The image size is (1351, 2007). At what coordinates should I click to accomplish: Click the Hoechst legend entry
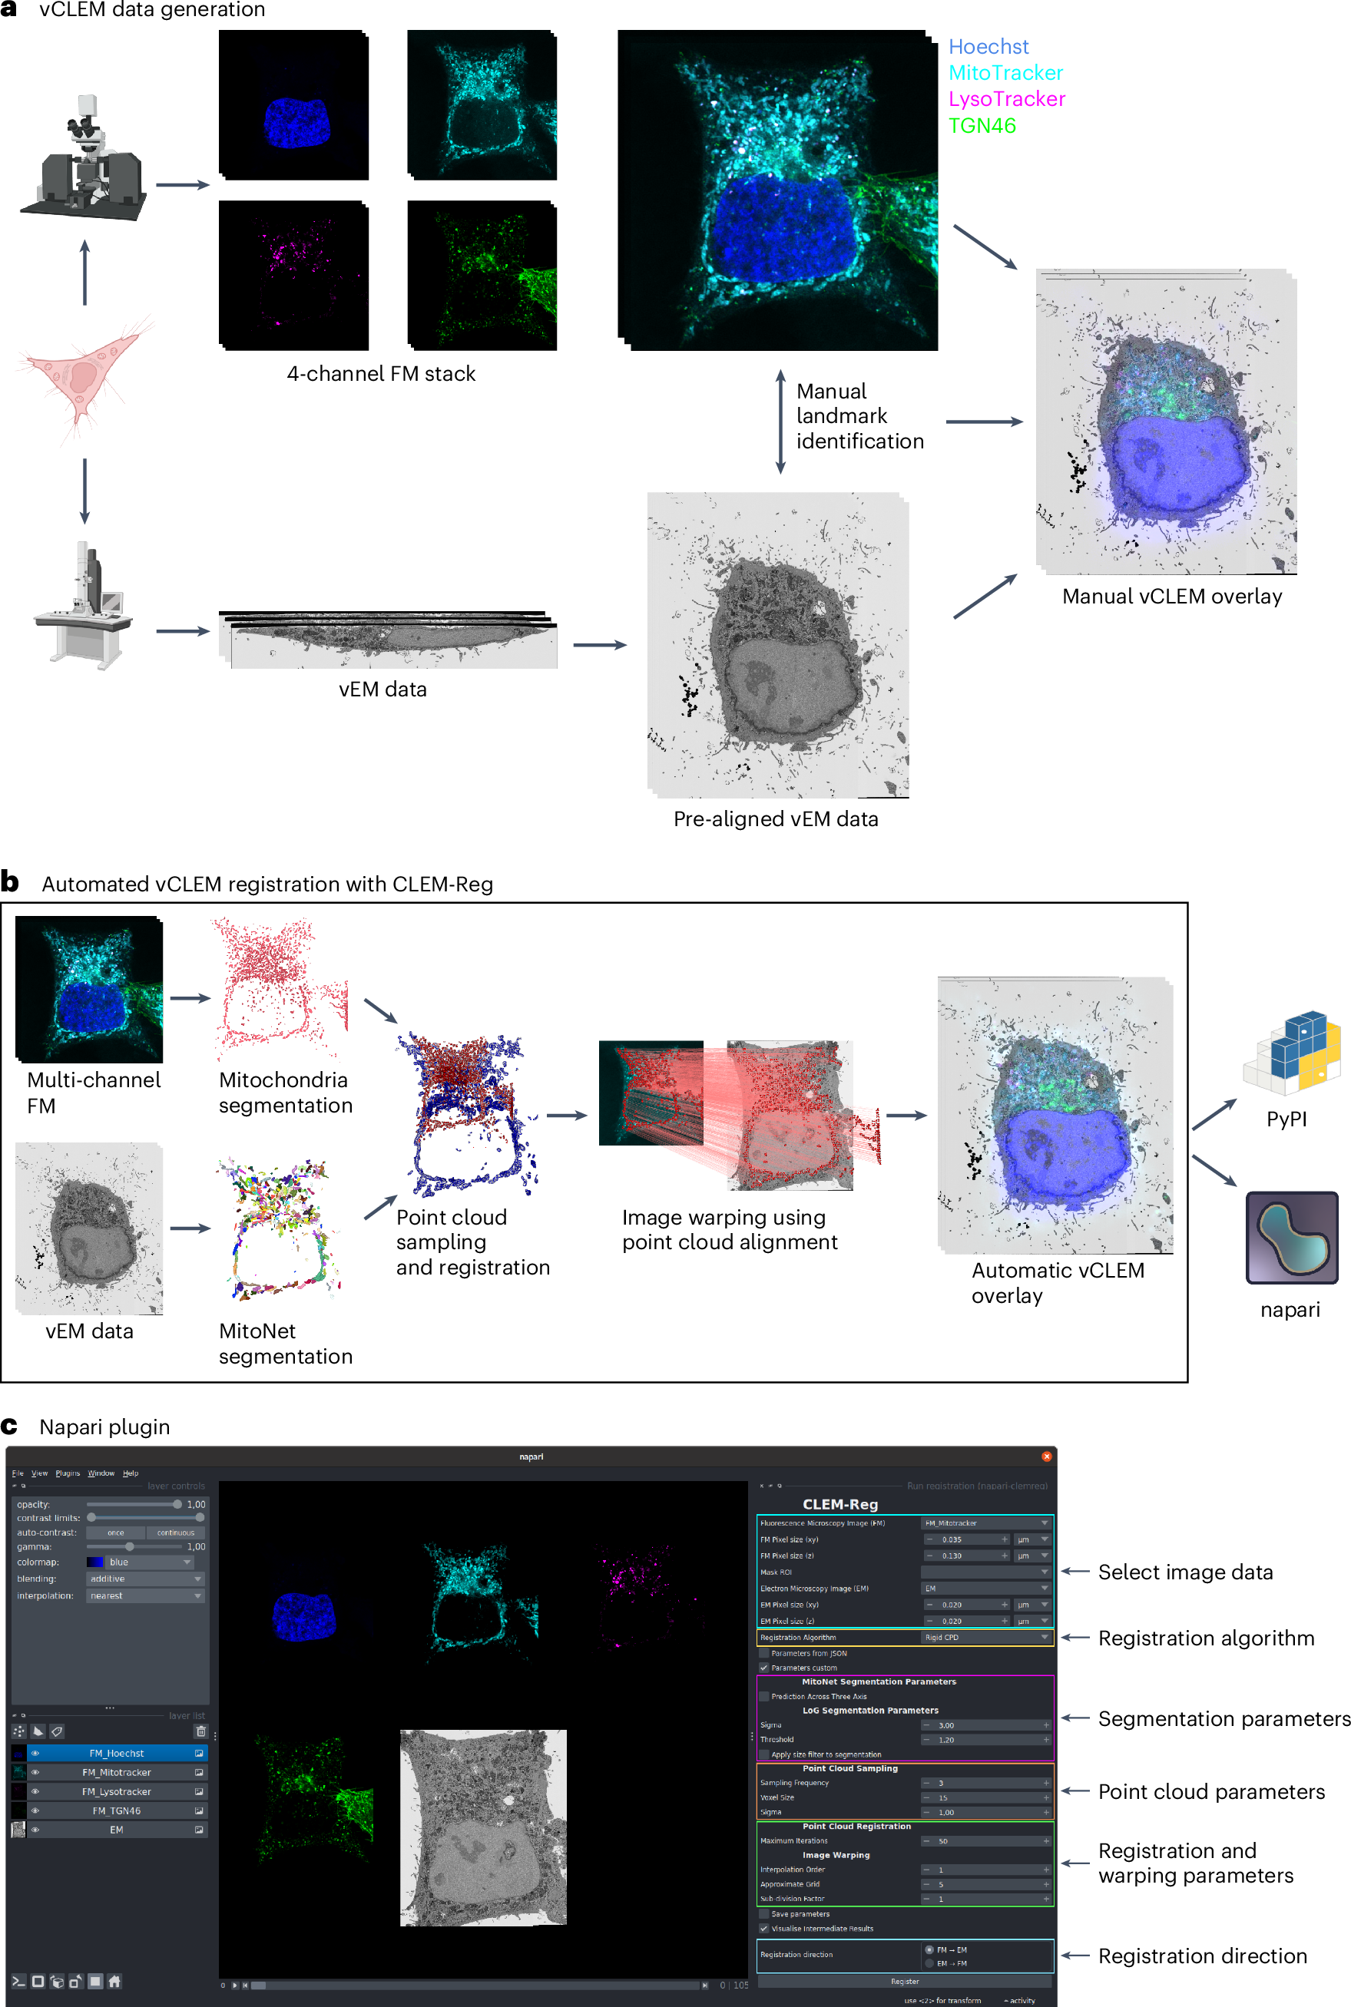(988, 47)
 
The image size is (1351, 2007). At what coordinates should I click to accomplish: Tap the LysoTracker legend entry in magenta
(1006, 99)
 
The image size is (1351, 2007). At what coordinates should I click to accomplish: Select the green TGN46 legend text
(982, 126)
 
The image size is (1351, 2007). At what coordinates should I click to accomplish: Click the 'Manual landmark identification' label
(858, 416)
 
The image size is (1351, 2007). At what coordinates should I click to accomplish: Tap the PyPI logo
(1293, 1053)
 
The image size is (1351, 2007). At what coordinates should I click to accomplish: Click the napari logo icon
(1292, 1237)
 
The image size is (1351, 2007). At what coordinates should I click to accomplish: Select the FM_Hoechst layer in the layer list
(116, 1753)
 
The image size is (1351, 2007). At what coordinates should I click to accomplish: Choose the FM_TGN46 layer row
(116, 1810)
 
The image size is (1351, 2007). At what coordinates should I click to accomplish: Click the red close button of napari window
(1047, 1456)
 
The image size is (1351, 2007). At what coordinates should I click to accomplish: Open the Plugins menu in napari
(68, 1473)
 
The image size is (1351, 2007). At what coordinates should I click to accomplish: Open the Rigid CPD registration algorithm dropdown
(985, 1638)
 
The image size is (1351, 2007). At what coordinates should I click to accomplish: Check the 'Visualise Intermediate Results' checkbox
(764, 1929)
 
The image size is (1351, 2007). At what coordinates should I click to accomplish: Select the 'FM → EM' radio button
(929, 1949)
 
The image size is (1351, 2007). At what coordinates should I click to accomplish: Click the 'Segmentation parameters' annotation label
(1223, 1718)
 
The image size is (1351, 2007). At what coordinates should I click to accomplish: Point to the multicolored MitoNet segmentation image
(282, 1229)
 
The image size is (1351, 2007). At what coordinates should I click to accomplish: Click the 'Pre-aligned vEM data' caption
(776, 819)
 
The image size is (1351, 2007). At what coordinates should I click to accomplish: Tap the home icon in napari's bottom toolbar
(114, 1981)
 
